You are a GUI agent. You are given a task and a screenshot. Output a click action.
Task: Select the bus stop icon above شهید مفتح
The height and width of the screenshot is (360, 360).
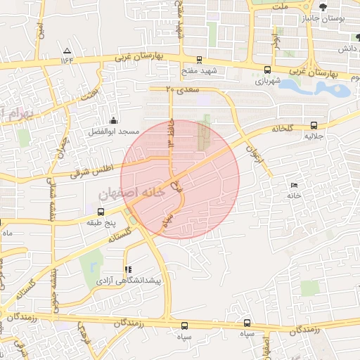pos(200,60)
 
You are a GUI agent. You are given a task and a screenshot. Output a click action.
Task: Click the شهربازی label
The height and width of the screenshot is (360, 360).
pos(267,81)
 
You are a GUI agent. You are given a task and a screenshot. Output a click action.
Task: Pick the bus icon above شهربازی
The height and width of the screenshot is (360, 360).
pos(268,70)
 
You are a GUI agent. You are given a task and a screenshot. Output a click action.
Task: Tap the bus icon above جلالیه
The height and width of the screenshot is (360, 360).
pos(313,126)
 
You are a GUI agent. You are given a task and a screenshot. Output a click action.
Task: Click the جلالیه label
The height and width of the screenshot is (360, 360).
pos(313,137)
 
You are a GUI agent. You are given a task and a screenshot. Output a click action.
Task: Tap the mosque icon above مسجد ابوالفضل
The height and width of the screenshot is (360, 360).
pos(114,120)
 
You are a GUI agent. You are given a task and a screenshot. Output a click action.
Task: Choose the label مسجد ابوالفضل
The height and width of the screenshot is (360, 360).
pos(114,131)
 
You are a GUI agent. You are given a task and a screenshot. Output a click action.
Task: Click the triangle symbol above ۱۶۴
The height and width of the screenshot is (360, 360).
pos(67,51)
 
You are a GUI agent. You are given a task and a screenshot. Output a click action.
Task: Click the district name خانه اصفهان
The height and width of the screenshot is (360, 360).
pos(134,189)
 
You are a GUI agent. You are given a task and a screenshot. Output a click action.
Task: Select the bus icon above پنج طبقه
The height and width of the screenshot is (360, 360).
pos(101,211)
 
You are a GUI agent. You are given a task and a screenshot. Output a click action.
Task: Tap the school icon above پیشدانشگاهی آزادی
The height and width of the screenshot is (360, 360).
pos(128,269)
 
